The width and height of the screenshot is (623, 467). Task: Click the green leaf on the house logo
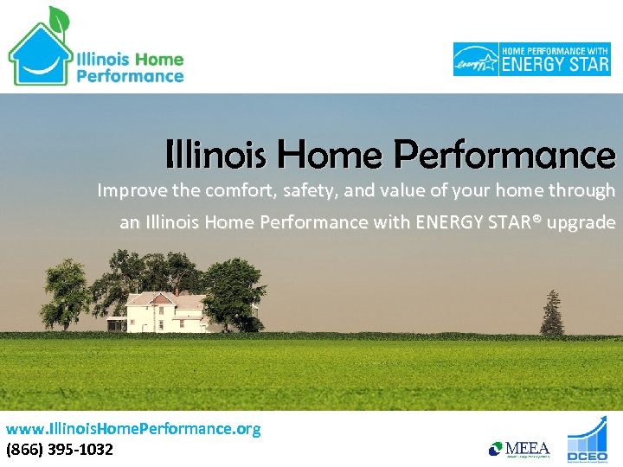pyautogui.click(x=58, y=17)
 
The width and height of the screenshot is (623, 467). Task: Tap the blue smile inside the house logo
pyautogui.click(x=42, y=62)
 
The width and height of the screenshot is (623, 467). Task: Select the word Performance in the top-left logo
pyautogui.click(x=130, y=75)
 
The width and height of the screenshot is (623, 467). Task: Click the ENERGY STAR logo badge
pyautogui.click(x=531, y=59)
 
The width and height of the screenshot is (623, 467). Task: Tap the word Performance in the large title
pyautogui.click(x=504, y=156)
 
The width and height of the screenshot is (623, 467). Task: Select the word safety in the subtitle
pyautogui.click(x=291, y=190)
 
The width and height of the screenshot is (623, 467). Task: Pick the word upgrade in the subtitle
pyautogui.click(x=582, y=223)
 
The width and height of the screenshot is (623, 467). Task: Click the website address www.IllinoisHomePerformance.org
pyautogui.click(x=133, y=429)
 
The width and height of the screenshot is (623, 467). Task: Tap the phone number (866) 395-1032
pyautogui.click(x=59, y=449)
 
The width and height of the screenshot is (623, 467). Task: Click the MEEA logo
pyautogui.click(x=519, y=448)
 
